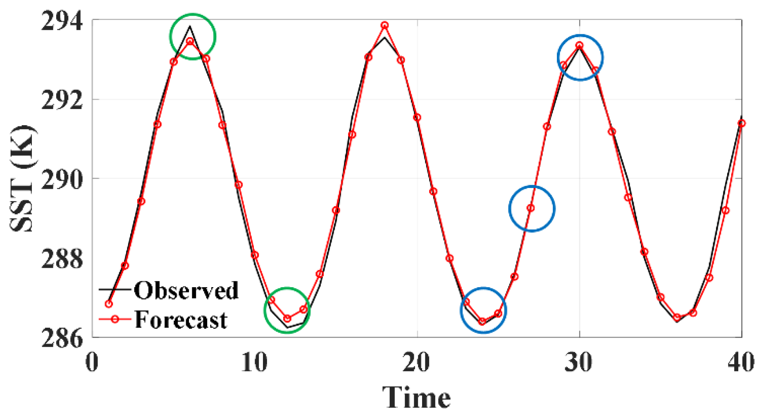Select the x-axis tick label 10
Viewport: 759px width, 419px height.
point(254,363)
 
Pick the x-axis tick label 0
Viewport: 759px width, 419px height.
point(92,363)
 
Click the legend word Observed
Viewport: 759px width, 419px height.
point(186,290)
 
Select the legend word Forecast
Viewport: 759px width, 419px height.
point(181,319)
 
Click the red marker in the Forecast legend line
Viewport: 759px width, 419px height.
point(115,319)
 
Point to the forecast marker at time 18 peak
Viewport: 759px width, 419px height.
point(384,25)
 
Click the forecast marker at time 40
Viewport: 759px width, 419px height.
point(742,123)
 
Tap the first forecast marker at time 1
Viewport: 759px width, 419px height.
point(109,304)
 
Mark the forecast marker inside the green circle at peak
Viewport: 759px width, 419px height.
point(190,41)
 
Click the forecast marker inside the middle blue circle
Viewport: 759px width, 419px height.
point(531,208)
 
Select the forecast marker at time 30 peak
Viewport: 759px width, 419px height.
point(580,45)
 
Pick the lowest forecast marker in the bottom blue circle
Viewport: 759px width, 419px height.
point(482,321)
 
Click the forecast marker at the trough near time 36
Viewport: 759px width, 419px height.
point(677,317)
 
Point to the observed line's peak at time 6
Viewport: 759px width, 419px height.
point(190,26)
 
